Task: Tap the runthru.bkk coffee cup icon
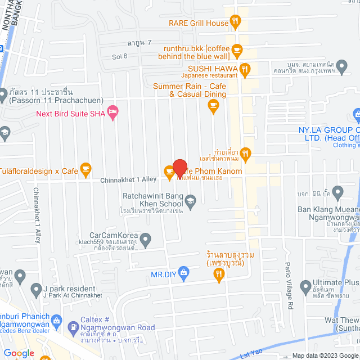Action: click(237, 49)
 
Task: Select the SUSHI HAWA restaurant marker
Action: click(245, 70)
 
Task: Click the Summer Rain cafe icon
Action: click(213, 105)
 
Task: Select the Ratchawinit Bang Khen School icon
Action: click(191, 200)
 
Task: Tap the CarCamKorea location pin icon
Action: click(146, 241)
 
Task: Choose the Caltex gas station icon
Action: click(73, 326)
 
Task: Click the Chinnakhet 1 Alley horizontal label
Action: click(129, 180)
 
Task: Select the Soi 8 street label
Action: click(120, 56)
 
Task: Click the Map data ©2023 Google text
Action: click(321, 355)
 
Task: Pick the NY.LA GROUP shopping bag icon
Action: click(357, 116)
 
